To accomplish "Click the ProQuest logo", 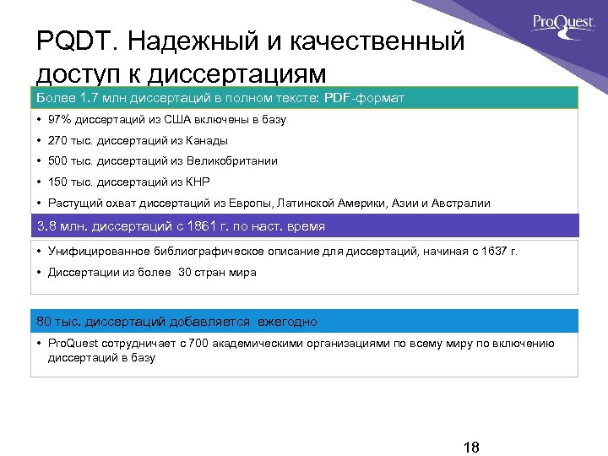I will point(564,24).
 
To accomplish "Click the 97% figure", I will point(60,120).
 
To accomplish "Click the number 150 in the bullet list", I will point(57,182).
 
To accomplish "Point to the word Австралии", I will point(461,203).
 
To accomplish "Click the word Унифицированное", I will point(95,252).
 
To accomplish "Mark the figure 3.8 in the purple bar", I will point(46,226).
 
